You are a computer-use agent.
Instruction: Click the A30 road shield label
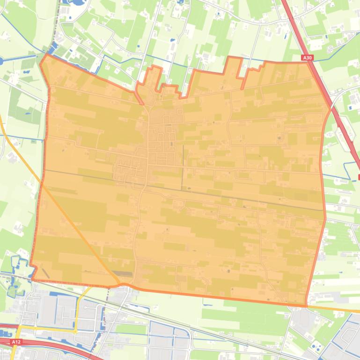pyautogui.click(x=307, y=58)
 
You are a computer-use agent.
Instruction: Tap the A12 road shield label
pyautogui.click(x=16, y=342)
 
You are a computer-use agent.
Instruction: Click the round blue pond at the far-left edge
pyautogui.click(x=1, y=60)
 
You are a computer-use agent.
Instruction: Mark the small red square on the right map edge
pyautogui.click(x=359, y=177)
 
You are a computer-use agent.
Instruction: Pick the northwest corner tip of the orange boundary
pyautogui.click(x=45, y=55)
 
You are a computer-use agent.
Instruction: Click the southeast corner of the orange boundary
pyautogui.click(x=306, y=306)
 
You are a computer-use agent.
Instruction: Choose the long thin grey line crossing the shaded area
pyautogui.click(x=187, y=190)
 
